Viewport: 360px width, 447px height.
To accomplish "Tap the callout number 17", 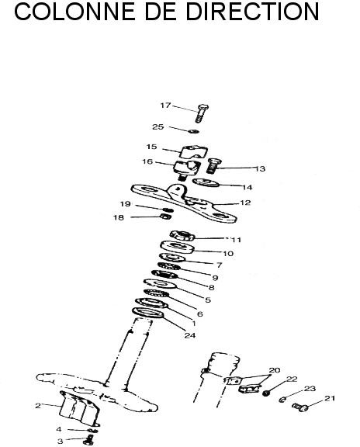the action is point(165,106).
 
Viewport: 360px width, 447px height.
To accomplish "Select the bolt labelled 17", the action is point(202,113).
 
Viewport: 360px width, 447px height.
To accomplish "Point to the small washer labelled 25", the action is point(194,131).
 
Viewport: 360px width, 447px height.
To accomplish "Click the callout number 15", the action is point(151,147).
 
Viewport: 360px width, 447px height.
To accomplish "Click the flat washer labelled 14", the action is point(206,182).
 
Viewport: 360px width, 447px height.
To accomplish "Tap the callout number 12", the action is point(245,203).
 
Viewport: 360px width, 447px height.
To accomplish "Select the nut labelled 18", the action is point(166,217).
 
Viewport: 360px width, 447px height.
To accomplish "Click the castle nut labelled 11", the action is point(182,235).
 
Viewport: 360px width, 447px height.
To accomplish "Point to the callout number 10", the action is point(228,254).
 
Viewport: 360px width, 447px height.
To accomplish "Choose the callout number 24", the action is point(190,335).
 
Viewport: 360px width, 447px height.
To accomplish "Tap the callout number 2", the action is point(38,406).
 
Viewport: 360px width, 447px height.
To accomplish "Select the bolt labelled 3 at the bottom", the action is point(89,440).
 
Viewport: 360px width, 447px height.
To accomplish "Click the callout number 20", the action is point(275,370).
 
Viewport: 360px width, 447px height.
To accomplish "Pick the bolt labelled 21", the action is point(300,407).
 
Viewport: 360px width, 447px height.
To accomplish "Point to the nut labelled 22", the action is point(266,393).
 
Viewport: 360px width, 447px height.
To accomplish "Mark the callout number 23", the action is point(310,389).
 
